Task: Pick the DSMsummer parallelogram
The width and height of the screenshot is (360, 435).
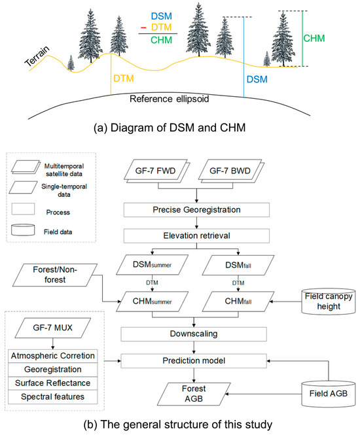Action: (x=156, y=267)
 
